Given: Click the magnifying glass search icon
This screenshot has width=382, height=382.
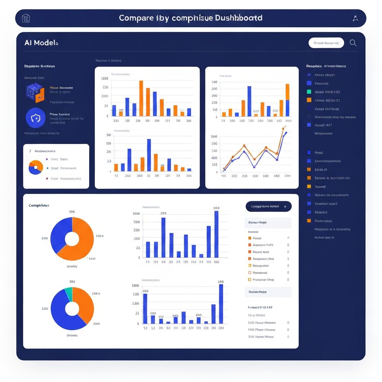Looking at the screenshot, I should (x=353, y=43).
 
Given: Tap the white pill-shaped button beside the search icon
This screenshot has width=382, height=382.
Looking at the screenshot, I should (x=326, y=43).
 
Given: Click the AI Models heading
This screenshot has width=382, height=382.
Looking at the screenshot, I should (x=41, y=43).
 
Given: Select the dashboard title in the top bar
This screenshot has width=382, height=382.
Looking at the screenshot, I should (x=190, y=18).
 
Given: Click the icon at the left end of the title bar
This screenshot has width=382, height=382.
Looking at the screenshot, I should (x=26, y=18).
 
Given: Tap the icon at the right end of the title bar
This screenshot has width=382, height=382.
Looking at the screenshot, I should (x=355, y=18).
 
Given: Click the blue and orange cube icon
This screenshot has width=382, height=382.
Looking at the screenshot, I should (x=35, y=93).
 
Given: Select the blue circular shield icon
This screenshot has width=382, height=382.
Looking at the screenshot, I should (x=35, y=118).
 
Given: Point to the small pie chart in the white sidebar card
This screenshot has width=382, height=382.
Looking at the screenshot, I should (x=36, y=167).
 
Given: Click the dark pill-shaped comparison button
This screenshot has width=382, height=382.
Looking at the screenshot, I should (x=269, y=206).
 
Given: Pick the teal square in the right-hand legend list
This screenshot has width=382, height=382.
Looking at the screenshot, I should (x=309, y=92).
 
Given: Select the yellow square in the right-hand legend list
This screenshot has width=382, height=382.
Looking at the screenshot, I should (x=309, y=187).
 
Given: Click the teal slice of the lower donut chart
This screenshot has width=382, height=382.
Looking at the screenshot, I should (x=69, y=292).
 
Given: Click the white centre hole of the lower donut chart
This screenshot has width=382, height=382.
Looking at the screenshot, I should (x=72, y=309).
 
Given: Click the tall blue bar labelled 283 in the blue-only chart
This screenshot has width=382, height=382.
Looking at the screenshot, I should (x=216, y=234).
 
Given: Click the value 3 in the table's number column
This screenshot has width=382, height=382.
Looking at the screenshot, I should (x=288, y=259).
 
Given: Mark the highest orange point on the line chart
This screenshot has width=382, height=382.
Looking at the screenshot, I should (x=284, y=128).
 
